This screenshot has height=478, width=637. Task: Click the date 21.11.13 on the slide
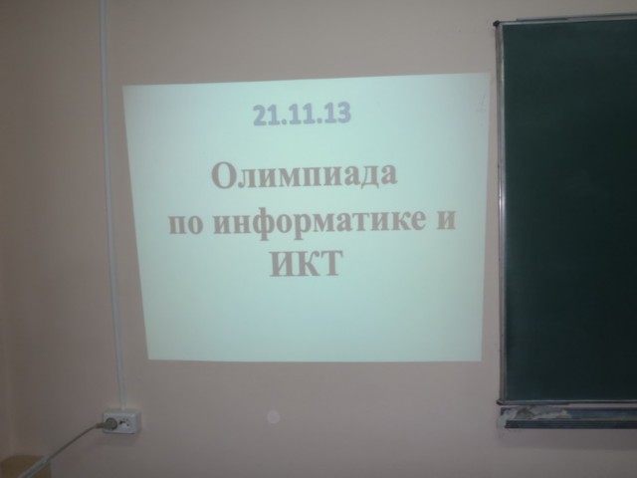coord(302,114)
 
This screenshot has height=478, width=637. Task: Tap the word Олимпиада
coord(304,176)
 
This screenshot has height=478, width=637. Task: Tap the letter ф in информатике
coord(264,225)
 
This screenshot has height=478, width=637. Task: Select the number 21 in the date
coord(265,116)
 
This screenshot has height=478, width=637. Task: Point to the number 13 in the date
coord(338,113)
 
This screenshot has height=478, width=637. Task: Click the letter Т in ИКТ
coord(328,263)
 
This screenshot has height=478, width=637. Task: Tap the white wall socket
coord(122,422)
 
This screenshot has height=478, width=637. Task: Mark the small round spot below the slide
coord(273,415)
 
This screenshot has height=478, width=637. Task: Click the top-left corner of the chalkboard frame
coord(496,23)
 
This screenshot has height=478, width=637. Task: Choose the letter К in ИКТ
coord(304,264)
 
